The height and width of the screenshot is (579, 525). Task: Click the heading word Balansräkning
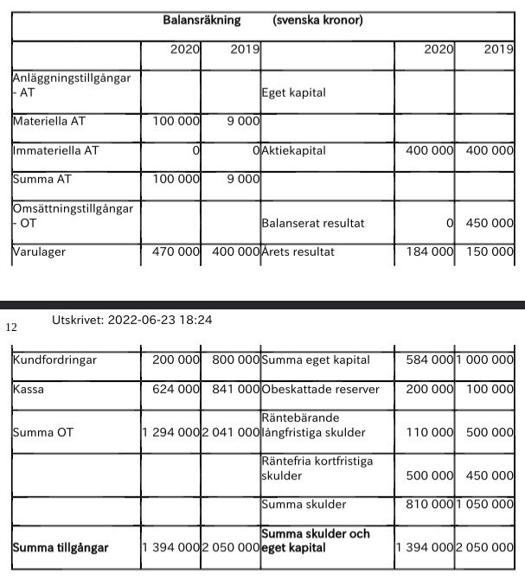[x=202, y=20]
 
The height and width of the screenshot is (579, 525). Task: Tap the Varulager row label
[x=40, y=252]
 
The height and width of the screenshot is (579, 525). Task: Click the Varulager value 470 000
[x=176, y=252]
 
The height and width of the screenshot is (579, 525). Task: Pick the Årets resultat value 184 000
[x=431, y=252]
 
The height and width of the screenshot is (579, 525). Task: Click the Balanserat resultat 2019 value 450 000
[x=490, y=223]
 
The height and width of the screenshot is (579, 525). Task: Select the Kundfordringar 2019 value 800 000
[x=231, y=359]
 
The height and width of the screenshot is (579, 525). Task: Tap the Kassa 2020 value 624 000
[x=176, y=389]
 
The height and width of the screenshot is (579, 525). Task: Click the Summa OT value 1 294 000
[x=171, y=432]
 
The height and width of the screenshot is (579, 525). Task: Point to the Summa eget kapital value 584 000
[x=431, y=359]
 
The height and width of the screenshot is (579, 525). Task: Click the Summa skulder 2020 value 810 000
[x=431, y=504]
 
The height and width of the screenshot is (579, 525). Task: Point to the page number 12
[x=11, y=328]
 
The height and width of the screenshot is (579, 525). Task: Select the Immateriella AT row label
[x=55, y=150]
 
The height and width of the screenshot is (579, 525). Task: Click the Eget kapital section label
[x=293, y=92]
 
